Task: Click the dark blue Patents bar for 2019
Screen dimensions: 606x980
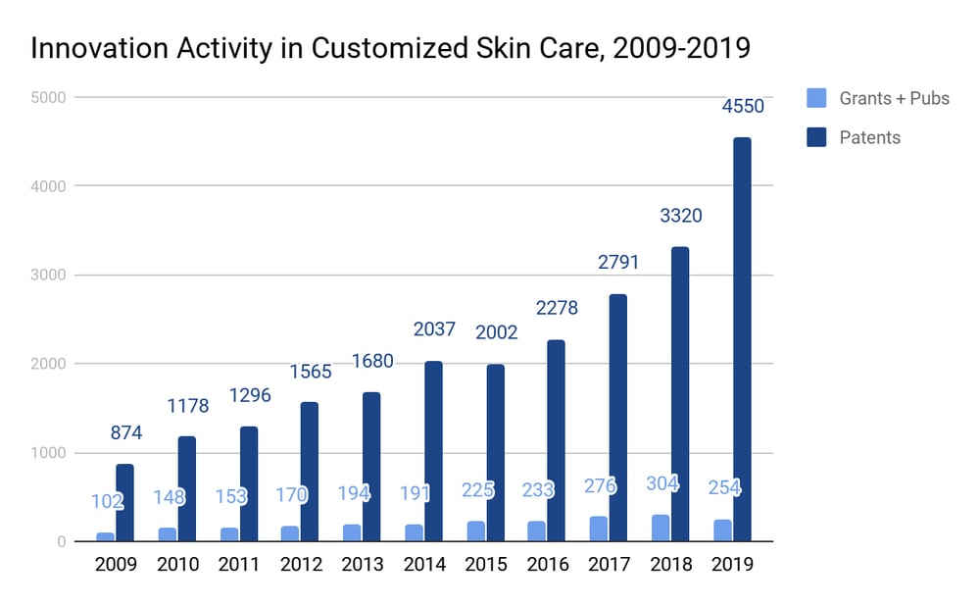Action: tap(742, 339)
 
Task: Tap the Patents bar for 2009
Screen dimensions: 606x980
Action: tap(124, 502)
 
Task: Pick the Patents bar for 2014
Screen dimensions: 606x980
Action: tap(433, 451)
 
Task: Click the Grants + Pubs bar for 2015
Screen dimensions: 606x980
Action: tap(475, 530)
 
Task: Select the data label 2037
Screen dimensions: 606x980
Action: tap(433, 329)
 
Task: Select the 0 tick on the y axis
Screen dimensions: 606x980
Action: tap(61, 542)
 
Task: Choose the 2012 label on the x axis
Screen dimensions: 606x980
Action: tap(301, 566)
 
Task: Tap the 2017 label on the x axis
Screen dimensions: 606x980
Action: tap(610, 566)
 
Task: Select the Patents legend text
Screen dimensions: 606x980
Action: tap(869, 137)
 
